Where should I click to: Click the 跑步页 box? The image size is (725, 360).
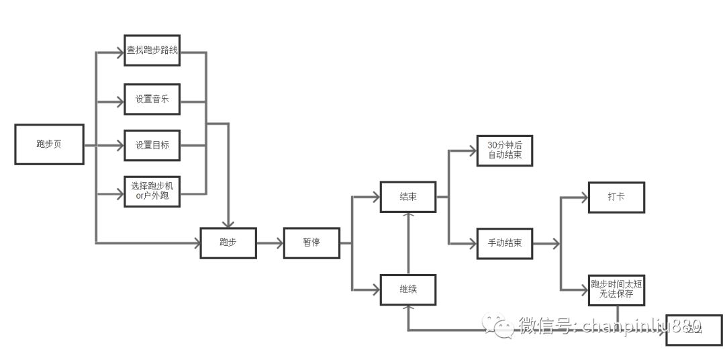(49, 144)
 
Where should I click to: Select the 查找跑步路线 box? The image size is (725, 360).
(152, 50)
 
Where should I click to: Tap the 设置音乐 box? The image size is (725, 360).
(152, 99)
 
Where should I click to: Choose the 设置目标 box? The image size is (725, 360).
(152, 145)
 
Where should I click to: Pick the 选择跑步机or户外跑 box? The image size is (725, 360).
(152, 191)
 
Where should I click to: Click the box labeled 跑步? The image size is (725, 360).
(228, 242)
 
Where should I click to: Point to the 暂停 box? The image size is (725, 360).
(311, 242)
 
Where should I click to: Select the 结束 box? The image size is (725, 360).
(407, 197)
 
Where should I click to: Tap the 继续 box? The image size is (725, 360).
(407, 289)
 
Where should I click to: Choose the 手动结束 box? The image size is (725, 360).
(504, 242)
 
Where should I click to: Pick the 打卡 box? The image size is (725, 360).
(616, 197)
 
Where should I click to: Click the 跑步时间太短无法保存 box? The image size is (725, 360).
(616, 289)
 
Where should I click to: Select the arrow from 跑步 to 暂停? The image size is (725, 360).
(270, 242)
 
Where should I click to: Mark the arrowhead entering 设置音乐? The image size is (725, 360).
(120, 103)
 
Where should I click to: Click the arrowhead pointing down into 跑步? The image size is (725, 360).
(230, 224)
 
